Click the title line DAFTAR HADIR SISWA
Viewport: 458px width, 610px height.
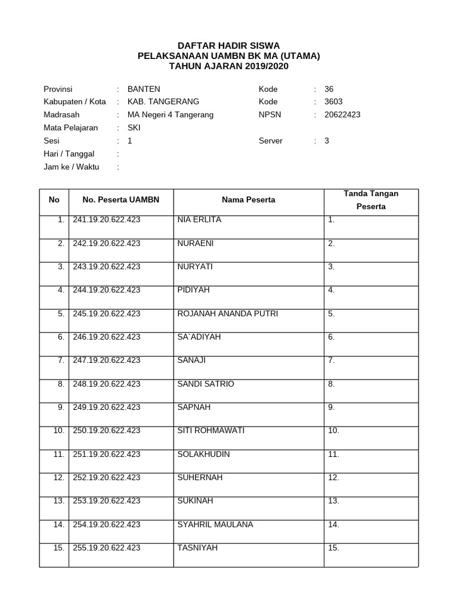point(229,46)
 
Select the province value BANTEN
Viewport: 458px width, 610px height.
point(144,89)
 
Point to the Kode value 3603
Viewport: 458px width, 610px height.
point(333,102)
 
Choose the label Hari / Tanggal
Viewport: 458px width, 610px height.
point(69,154)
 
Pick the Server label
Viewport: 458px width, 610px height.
point(270,141)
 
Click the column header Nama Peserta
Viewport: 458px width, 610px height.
point(248,200)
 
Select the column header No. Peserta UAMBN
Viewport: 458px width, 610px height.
point(120,200)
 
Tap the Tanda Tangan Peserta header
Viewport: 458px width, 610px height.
point(371,200)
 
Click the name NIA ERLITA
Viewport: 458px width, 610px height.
point(199,220)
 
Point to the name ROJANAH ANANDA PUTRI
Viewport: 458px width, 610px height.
point(227,314)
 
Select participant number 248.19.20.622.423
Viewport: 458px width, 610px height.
point(107,384)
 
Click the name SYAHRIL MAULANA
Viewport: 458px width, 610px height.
point(215,525)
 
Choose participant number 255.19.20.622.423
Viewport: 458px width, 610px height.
point(107,548)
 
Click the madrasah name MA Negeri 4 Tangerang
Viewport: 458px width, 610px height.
point(170,114)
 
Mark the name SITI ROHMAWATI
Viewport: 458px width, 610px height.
point(211,431)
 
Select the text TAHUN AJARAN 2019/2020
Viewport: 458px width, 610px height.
point(229,66)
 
